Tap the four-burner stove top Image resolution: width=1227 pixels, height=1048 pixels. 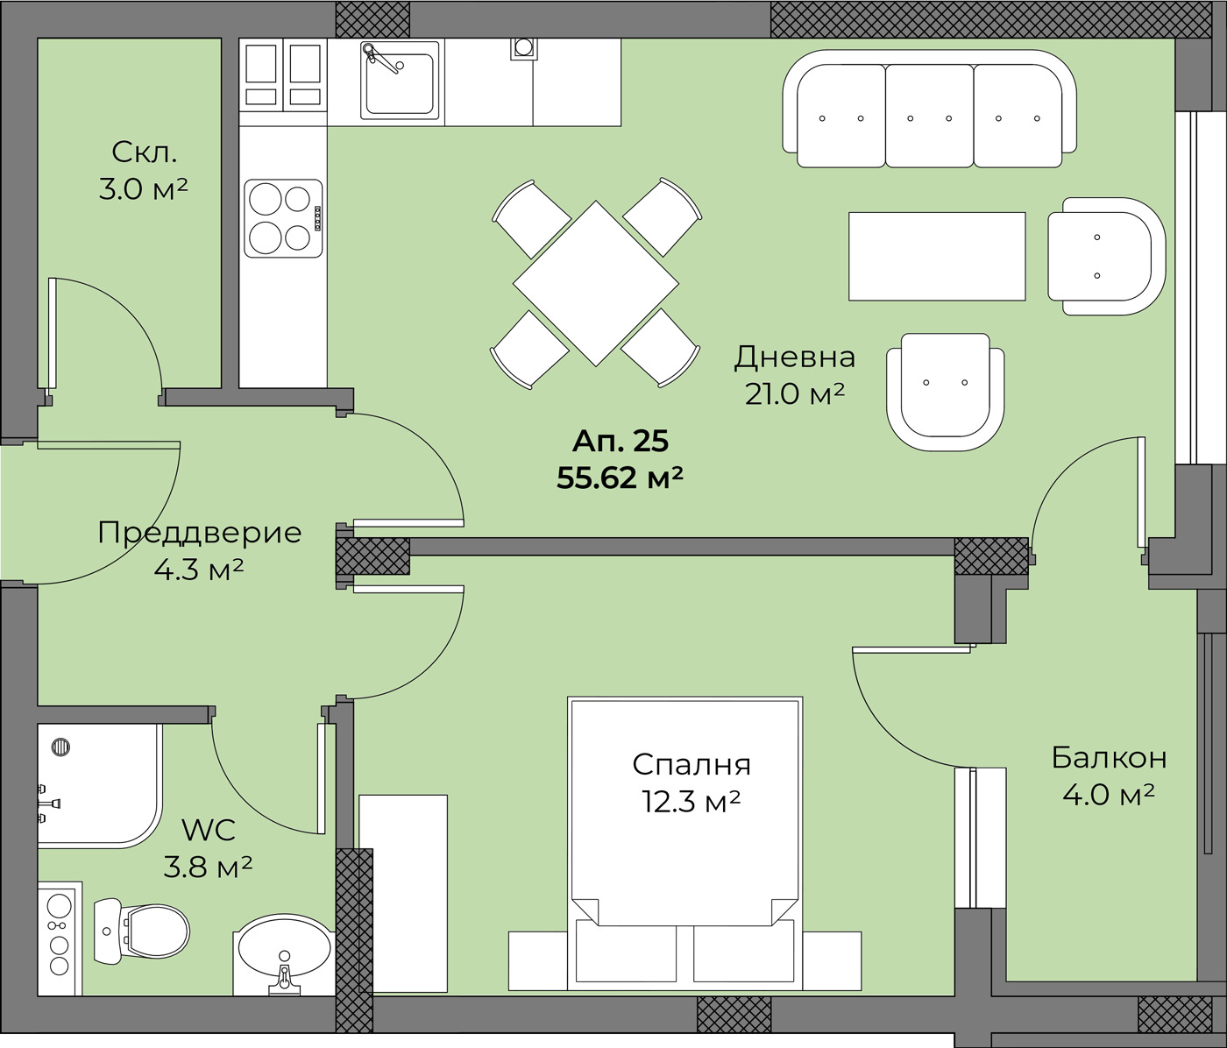point(283,218)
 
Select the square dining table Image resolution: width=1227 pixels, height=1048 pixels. point(595,283)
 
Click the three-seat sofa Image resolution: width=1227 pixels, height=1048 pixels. point(929,110)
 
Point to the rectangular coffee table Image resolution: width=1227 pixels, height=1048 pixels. point(937,257)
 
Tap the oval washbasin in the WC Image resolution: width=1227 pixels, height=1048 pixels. point(284,955)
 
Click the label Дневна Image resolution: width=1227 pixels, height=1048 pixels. point(794,358)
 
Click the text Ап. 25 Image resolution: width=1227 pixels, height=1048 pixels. point(620,442)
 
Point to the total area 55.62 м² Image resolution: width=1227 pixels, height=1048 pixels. point(619,478)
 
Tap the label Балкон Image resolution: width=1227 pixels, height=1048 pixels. point(1109,758)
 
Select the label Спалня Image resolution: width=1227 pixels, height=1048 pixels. point(692,765)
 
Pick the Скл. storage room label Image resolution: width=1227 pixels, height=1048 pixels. point(144,153)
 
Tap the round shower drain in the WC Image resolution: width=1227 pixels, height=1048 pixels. point(60,747)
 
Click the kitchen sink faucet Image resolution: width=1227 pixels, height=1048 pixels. point(379,58)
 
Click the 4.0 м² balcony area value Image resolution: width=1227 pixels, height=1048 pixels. point(1108,795)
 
